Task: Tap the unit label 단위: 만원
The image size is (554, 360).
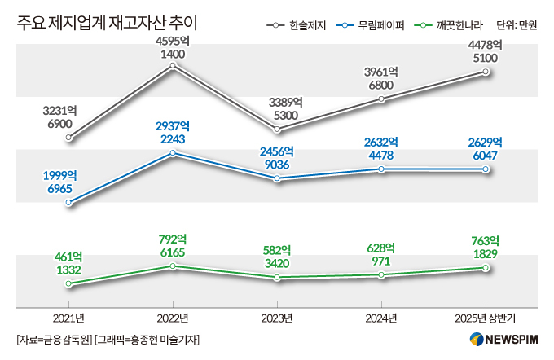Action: coord(516,25)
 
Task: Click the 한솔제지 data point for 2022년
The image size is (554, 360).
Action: coord(173,68)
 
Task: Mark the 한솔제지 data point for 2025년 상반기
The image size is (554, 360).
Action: coord(486,72)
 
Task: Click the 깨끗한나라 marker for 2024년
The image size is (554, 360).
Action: coord(381,275)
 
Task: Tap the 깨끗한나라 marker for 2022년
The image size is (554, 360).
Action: coord(173,266)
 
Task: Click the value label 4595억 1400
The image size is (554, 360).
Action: coord(173,47)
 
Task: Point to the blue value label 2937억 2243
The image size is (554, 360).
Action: coord(173,132)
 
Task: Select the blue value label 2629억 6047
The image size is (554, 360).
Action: coord(486,147)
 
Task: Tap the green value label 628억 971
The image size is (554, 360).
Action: coord(381,254)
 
